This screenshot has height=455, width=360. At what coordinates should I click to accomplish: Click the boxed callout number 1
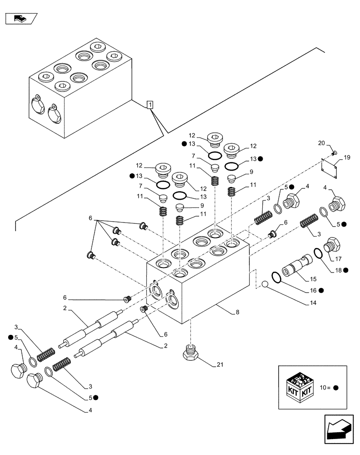[x=150, y=105]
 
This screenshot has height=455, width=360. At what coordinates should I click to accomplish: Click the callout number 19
[x=347, y=158]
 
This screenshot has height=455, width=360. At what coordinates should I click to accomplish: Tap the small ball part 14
[x=265, y=285]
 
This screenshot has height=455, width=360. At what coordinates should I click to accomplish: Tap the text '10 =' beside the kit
[x=325, y=388]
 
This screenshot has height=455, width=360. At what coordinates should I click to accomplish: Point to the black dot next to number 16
[x=321, y=290]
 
